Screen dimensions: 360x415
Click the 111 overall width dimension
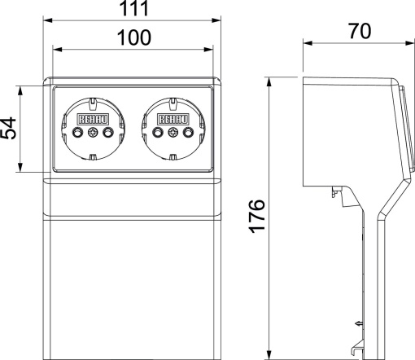click(x=133, y=10)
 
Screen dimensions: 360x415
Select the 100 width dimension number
click(x=133, y=37)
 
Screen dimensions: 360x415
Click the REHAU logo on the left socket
click(x=89, y=119)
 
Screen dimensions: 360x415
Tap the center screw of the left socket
click(x=91, y=133)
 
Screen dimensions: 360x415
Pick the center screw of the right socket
click(x=172, y=133)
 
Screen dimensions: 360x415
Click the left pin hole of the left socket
click(x=76, y=133)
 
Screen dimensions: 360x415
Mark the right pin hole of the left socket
click(x=106, y=133)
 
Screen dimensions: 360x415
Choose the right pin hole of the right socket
click(x=186, y=133)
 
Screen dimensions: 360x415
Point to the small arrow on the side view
click(x=357, y=324)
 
